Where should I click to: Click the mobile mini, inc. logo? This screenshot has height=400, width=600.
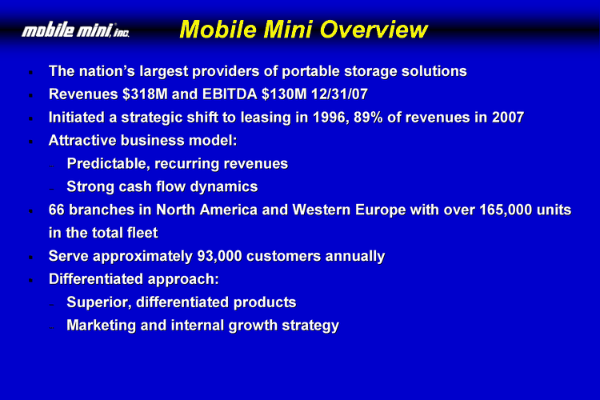pos(75,30)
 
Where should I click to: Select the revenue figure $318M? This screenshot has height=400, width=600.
pos(145,94)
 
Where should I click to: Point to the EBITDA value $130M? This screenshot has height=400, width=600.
pos(284,94)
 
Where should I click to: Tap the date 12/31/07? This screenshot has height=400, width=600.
pos(339,94)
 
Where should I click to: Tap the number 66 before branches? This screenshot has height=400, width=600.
pos(56,210)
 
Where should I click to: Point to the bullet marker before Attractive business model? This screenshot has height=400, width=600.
pos(30,142)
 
